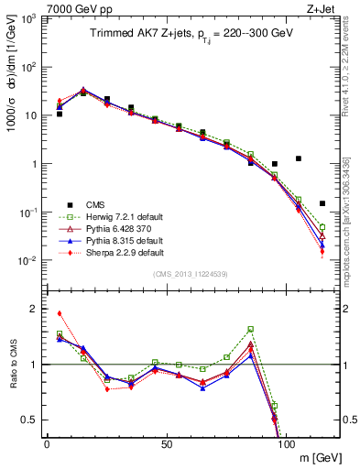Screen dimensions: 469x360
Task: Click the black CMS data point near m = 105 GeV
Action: (x=299, y=158)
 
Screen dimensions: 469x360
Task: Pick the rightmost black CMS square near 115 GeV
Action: (x=322, y=203)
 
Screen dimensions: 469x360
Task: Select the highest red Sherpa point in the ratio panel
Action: (x=60, y=313)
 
